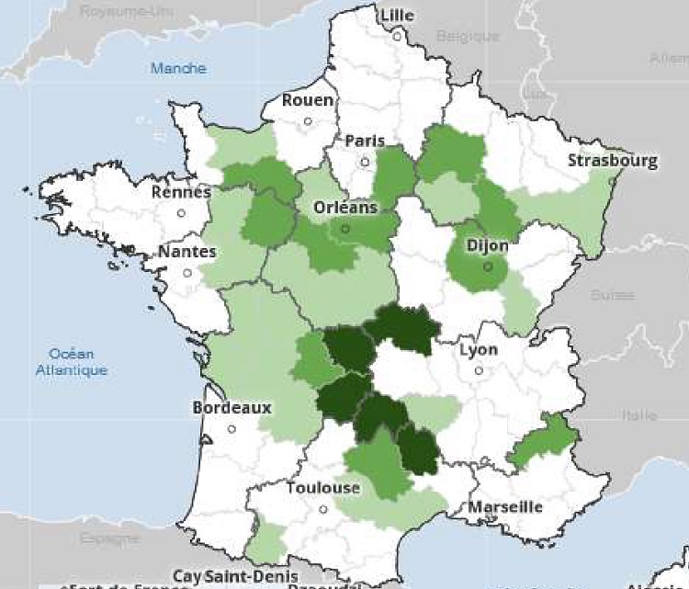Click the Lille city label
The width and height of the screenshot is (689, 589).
[397, 16]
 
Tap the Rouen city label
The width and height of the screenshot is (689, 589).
[308, 100]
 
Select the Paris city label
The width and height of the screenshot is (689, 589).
[365, 141]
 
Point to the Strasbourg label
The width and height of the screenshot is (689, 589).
[613, 161]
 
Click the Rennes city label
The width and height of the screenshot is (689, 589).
[181, 192]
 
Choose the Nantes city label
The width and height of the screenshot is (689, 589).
[186, 252]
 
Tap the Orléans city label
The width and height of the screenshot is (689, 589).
[344, 208]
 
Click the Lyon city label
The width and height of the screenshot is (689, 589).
[478, 350]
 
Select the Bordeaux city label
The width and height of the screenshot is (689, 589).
[232, 407]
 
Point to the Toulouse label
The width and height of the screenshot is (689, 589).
[322, 488]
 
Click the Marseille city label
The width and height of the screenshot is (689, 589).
[505, 507]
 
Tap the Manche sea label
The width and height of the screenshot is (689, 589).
[178, 68]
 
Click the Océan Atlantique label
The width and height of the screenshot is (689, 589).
[72, 363]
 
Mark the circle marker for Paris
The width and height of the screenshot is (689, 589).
[365, 162]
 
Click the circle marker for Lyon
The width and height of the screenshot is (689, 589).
[478, 371]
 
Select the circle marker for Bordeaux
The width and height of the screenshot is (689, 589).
[232, 428]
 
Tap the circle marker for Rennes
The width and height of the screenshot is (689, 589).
[181, 213]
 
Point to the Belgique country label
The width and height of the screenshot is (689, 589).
[467, 37]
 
